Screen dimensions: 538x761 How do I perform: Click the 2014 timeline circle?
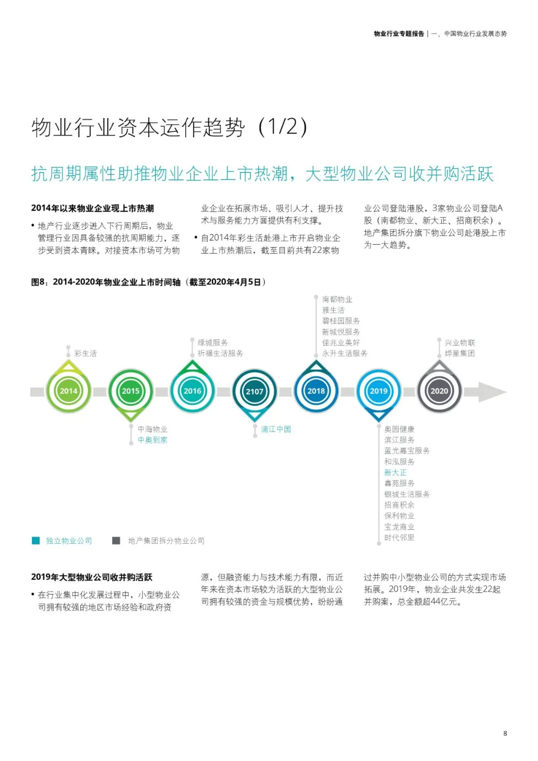[x=68, y=391]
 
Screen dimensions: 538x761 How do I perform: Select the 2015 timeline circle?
[x=131, y=391]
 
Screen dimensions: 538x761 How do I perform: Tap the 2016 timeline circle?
[x=192, y=391]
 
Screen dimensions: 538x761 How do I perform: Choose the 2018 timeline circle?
[x=316, y=391]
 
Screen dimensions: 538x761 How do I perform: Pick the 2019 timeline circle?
[x=379, y=391]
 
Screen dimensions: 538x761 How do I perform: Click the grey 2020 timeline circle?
[x=439, y=391]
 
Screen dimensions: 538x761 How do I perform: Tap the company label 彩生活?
[x=85, y=353]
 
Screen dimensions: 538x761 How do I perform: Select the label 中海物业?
[x=152, y=429]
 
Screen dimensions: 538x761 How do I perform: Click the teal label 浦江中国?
[x=275, y=429]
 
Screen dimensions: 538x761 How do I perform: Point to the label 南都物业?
[x=337, y=299]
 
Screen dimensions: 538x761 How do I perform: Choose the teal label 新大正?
[x=395, y=472]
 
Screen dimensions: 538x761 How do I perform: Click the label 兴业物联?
[x=459, y=342]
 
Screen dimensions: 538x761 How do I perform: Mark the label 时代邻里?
[x=399, y=537]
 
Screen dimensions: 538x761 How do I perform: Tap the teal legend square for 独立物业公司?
[x=36, y=541]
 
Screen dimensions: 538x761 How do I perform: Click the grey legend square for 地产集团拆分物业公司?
[x=116, y=541]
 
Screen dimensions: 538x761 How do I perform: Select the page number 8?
[x=505, y=733]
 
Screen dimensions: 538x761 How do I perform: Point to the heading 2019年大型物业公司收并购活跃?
[x=92, y=577]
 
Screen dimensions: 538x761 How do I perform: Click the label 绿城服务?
[x=213, y=342]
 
